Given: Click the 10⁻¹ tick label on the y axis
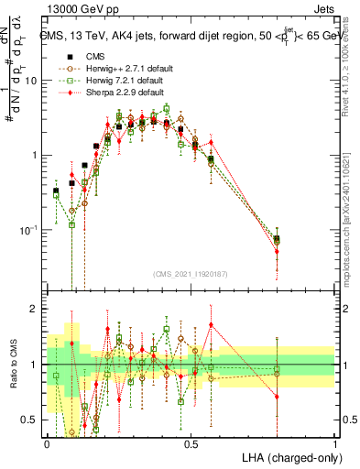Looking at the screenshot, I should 30,230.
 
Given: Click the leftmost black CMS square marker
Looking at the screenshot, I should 56,191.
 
